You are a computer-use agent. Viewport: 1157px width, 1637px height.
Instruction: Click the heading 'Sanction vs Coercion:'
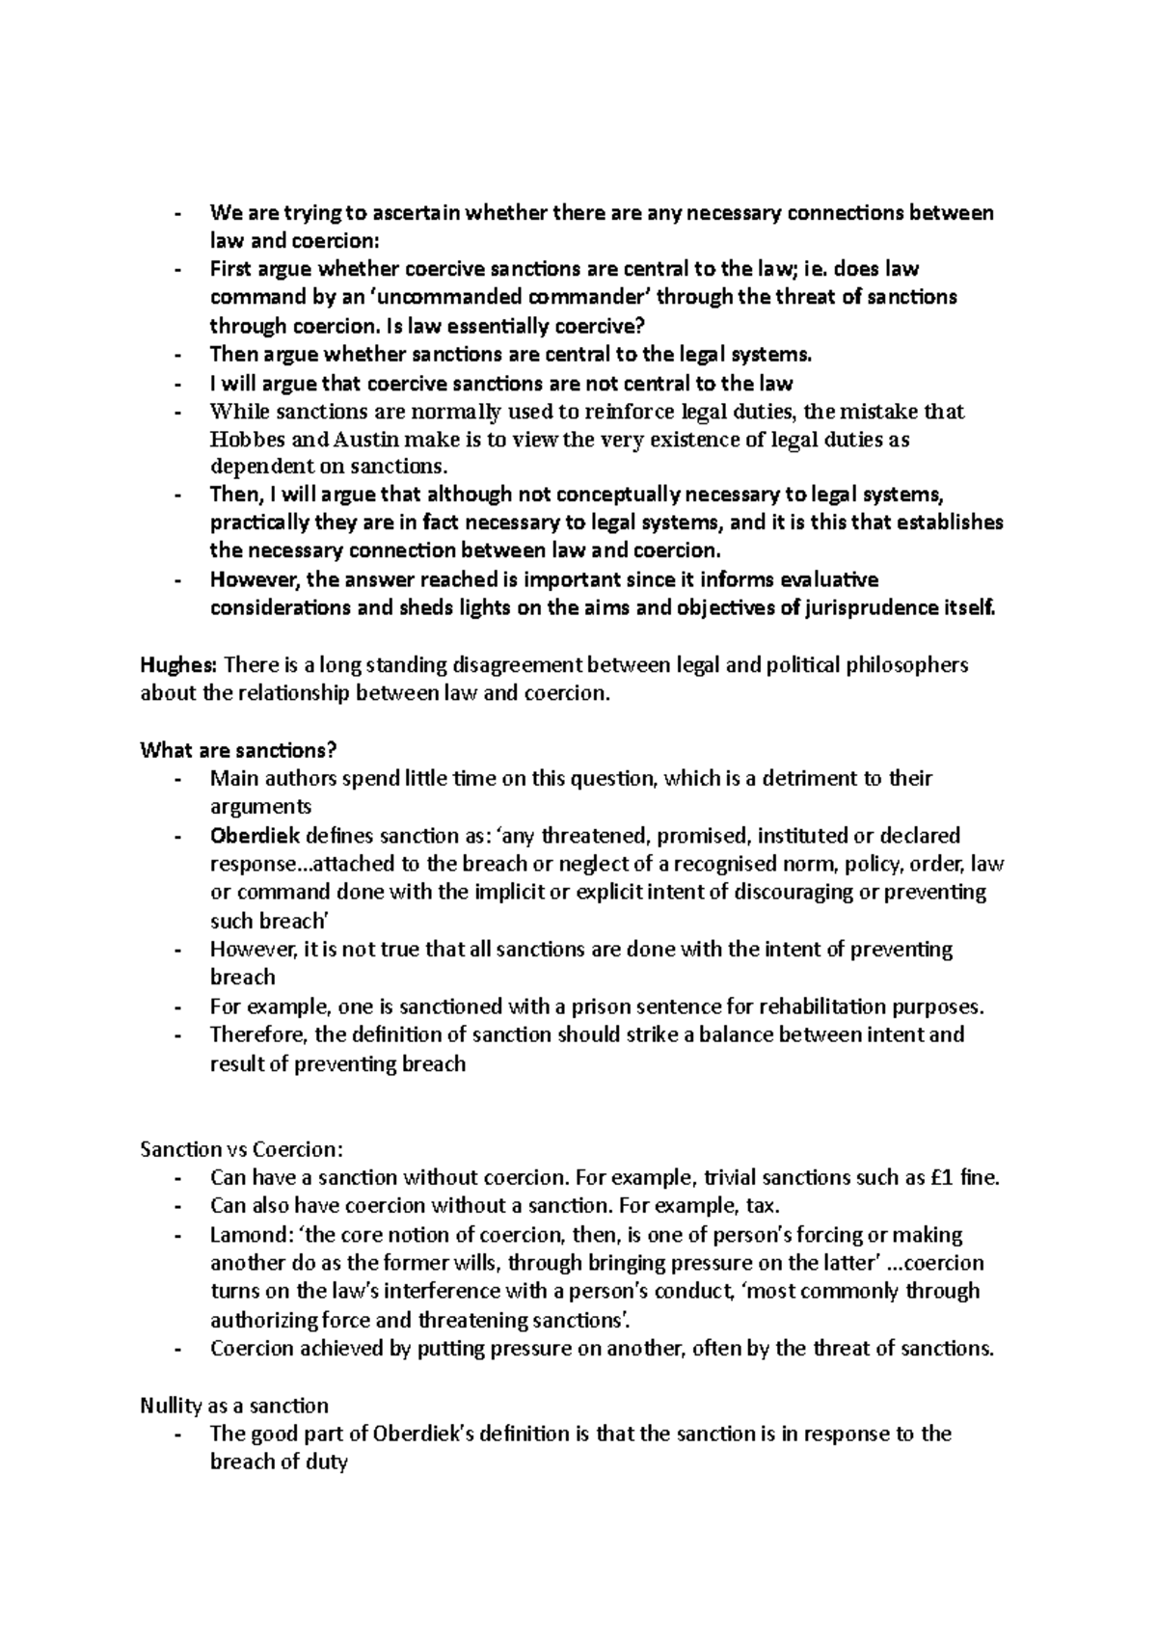(x=241, y=1149)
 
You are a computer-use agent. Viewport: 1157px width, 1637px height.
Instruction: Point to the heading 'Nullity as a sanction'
(x=234, y=1405)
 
